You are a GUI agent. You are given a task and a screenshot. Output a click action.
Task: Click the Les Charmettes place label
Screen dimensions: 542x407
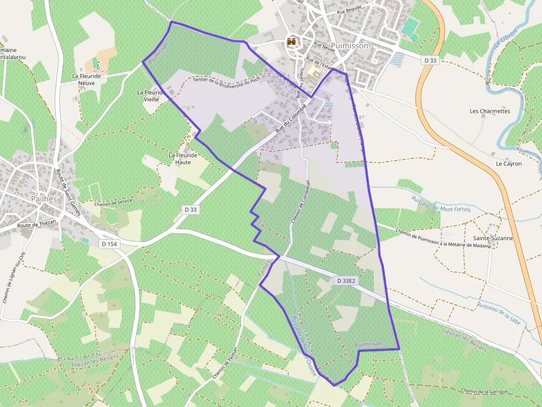489,111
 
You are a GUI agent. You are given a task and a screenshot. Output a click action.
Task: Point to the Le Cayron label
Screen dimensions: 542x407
508,163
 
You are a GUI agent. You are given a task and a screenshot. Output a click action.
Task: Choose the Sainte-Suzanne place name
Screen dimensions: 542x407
493,238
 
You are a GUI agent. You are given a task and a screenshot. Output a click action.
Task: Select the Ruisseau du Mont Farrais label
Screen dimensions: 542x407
440,203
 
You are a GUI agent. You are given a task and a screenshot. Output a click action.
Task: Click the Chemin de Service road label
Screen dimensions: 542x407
114,202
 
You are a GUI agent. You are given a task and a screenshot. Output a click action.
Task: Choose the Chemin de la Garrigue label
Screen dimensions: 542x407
484,391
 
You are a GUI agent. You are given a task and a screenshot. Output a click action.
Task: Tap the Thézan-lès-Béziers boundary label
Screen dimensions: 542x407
96,362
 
